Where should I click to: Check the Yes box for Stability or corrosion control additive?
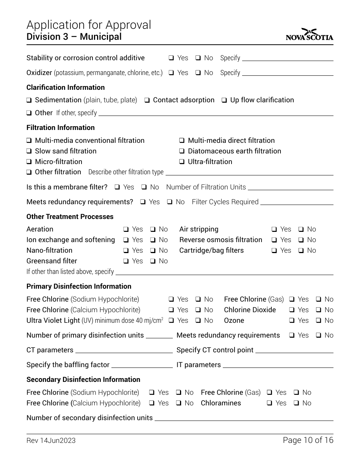point(171,58)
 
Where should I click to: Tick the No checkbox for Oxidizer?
point(198,73)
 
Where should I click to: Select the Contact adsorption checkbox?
point(147,100)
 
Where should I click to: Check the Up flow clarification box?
point(224,100)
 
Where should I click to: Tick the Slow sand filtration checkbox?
point(29,151)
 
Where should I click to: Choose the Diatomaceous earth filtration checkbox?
point(182,151)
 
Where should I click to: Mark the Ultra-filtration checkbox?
point(182,162)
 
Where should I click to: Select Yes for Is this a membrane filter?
point(117,187)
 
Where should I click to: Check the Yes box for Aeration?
point(126,229)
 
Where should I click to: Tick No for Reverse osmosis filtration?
point(301,240)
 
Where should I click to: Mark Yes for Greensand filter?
point(126,261)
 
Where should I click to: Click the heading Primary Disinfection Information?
point(79,286)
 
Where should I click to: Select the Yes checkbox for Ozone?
point(292,321)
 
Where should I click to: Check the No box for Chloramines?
point(296,403)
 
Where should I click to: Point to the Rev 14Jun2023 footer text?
point(51,440)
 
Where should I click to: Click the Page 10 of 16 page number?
point(308,440)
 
